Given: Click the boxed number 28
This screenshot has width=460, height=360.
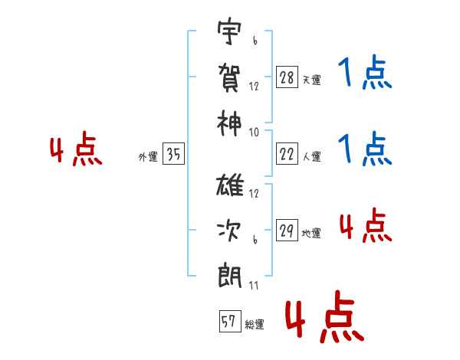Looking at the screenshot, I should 286,77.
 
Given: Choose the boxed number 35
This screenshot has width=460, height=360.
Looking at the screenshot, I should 173,155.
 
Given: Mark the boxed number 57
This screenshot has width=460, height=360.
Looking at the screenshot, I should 228,322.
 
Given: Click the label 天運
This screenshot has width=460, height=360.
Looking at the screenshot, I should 311,80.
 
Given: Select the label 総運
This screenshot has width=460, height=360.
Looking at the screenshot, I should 255,325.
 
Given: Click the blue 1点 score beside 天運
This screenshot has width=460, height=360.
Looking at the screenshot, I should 364,75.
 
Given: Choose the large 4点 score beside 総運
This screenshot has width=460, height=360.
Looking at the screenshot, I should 324,319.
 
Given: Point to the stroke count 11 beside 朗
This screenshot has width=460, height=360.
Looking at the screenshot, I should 253,286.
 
